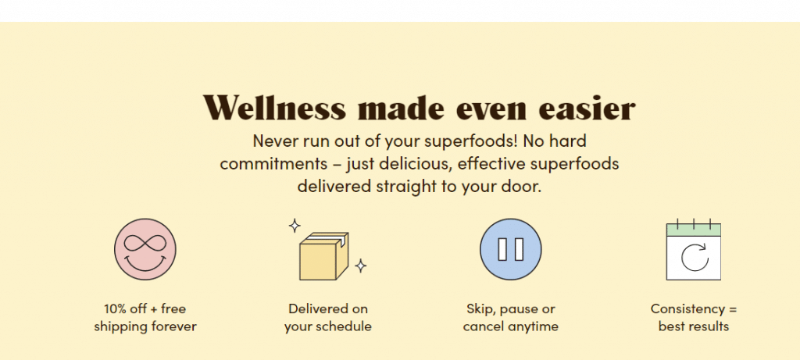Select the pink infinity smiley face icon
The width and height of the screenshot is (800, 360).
click(145, 249)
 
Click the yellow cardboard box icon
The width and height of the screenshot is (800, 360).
click(323, 256)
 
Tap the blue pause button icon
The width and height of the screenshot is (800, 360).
click(511, 249)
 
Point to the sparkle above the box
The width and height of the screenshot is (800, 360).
click(295, 226)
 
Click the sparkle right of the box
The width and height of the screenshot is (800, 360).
click(361, 266)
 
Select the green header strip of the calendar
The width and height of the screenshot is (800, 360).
click(694, 230)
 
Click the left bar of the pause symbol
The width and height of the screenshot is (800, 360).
click(502, 249)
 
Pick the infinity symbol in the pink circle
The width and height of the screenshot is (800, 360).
click(145, 243)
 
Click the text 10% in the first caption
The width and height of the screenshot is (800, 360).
click(114, 308)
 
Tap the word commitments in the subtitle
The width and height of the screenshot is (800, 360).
click(273, 164)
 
